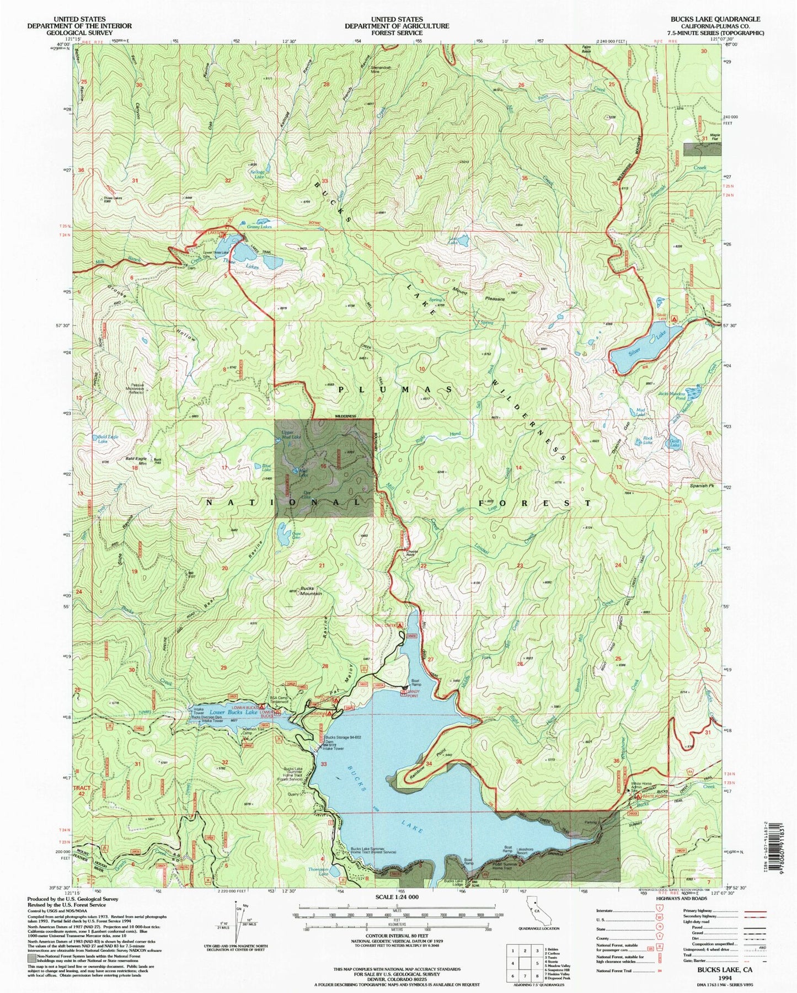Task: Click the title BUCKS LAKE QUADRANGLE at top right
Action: coord(715,19)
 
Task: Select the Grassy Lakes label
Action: coord(259,227)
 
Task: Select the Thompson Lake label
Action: coord(318,873)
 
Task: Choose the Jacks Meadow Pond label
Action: coord(671,395)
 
